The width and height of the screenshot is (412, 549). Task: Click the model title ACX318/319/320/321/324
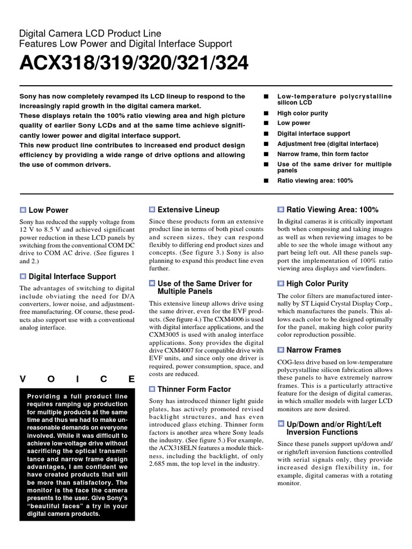coord(134,63)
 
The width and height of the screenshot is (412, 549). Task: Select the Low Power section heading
coord(48,210)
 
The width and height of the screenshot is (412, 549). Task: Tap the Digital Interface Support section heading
coord(72,277)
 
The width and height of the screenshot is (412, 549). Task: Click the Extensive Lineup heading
coord(188,210)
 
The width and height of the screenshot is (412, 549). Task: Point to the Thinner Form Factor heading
coord(194,389)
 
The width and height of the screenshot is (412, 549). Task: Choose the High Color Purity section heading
coord(317,284)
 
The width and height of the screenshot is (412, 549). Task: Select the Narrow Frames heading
coord(314,350)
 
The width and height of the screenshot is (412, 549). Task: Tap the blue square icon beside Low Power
coord(23,210)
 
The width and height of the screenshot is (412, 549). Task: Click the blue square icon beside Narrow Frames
coord(281,350)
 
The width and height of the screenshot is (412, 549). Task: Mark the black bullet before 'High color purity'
coord(265,114)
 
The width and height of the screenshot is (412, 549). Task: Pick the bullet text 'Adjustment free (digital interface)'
coord(327,144)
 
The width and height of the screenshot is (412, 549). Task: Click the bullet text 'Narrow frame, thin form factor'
coord(322,154)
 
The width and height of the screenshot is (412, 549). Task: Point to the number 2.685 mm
coord(164,464)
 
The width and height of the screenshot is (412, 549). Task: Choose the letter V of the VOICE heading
coord(23,379)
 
